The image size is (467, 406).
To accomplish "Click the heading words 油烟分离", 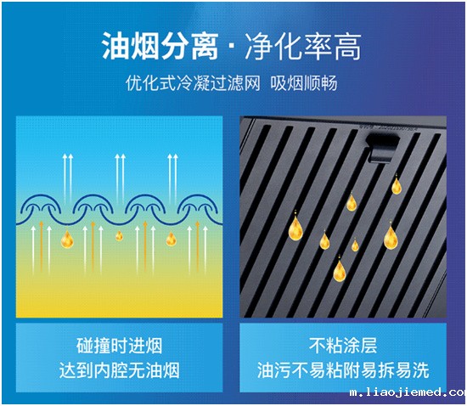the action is click(160, 46).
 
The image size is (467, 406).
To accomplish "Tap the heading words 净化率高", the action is click(303, 46).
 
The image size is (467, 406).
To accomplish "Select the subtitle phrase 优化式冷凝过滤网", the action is click(193, 82).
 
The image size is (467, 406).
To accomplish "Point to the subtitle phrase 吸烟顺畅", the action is click(304, 82).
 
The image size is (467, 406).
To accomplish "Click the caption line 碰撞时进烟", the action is click(119, 346).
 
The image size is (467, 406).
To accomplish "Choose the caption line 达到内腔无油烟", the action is click(119, 370).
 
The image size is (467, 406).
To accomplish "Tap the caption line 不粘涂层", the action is click(343, 346).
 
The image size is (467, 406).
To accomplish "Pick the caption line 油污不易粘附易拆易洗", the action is click(343, 370).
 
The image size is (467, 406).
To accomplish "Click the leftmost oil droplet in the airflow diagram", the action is click(67, 240).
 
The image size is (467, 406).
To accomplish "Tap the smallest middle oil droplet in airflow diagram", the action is click(119, 236).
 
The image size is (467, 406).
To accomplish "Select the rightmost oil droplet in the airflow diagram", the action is click(171, 239).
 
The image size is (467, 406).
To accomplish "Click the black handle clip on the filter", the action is click(382, 147).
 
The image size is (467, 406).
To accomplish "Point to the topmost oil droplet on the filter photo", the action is click(397, 185).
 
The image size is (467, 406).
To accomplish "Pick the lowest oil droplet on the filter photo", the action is click(340, 269).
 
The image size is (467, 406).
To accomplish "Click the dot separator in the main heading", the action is click(232, 47).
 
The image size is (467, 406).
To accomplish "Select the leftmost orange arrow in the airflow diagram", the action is click(42, 246).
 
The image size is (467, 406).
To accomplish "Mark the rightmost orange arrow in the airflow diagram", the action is click(197, 246).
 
